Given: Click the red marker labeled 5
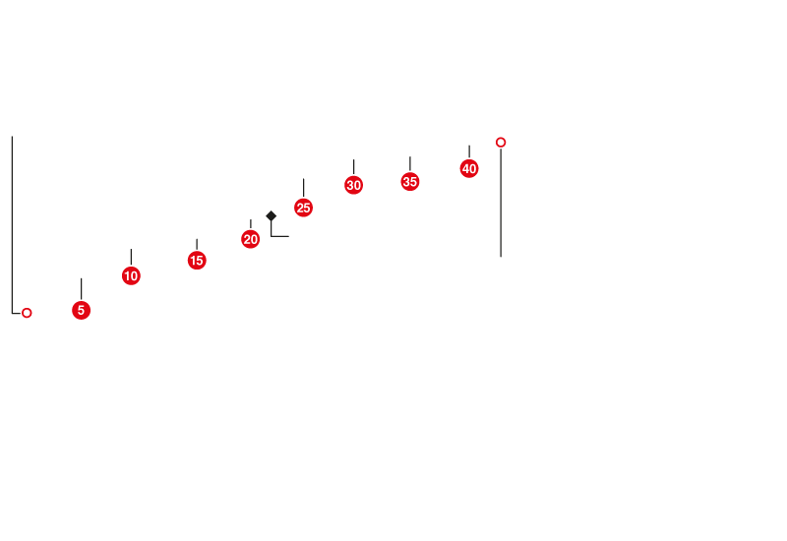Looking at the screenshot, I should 81,310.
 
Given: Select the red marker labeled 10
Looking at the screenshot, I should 131,275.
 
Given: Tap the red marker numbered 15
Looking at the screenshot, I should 197,260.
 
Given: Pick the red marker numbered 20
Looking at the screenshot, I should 251,239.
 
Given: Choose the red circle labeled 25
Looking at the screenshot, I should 303,208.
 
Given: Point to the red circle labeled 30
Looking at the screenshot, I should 353,185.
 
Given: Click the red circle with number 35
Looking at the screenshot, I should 410,181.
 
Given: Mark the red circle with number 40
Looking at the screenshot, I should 469,168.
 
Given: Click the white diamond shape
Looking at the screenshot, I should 271,215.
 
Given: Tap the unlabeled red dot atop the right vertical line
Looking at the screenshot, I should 501,143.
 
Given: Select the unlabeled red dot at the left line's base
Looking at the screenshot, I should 27,313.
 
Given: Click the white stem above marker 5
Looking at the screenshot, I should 81,287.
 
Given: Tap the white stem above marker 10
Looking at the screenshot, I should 131,256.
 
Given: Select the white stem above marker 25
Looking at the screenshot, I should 303,187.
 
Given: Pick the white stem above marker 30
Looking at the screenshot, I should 353,166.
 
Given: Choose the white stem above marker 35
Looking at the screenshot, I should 410,162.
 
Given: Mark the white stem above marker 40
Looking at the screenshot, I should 469,150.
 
